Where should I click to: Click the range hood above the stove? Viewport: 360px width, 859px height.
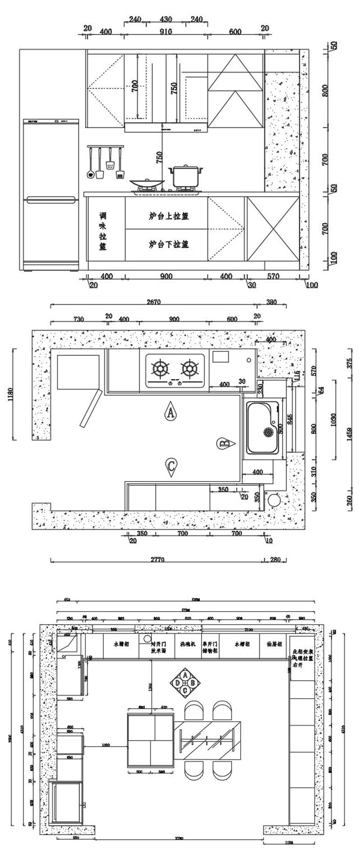(166, 127)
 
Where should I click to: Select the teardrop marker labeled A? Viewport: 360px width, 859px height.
(171, 411)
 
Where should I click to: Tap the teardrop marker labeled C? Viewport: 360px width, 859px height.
(171, 467)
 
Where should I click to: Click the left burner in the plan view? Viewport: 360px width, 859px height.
(160, 369)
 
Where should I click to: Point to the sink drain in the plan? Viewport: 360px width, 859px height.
(268, 432)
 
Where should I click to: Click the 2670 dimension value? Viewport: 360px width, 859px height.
(153, 302)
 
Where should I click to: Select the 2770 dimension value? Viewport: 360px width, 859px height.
(157, 559)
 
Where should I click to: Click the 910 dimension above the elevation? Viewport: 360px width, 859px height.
(166, 32)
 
